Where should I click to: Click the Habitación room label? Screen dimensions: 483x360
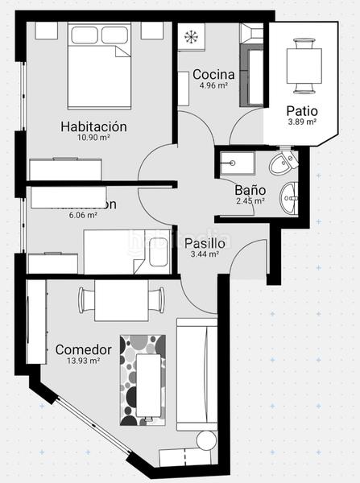pyautogui.click(x=94, y=126)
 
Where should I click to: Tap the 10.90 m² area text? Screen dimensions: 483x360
pyautogui.click(x=94, y=138)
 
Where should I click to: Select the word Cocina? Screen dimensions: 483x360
pyautogui.click(x=213, y=74)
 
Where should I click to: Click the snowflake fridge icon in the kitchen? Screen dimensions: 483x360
pyautogui.click(x=192, y=37)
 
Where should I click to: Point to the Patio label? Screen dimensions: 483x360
pyautogui.click(x=302, y=111)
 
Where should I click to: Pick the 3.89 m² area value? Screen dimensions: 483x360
pyautogui.click(x=302, y=122)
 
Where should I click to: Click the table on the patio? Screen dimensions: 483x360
pyautogui.click(x=304, y=64)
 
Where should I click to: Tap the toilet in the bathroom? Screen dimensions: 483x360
pyautogui.click(x=283, y=165)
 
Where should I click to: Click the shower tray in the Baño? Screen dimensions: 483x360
pyautogui.click(x=238, y=163)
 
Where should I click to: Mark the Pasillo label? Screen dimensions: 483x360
pyautogui.click(x=205, y=243)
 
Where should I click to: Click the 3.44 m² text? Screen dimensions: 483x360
pyautogui.click(x=205, y=254)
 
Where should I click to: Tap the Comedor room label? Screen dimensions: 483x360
pyautogui.click(x=83, y=350)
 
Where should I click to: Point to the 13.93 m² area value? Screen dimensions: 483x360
pyautogui.click(x=83, y=361)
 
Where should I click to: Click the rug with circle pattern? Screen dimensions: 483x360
pyautogui.click(x=146, y=379)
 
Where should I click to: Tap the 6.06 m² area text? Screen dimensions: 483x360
pyautogui.click(x=83, y=215)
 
